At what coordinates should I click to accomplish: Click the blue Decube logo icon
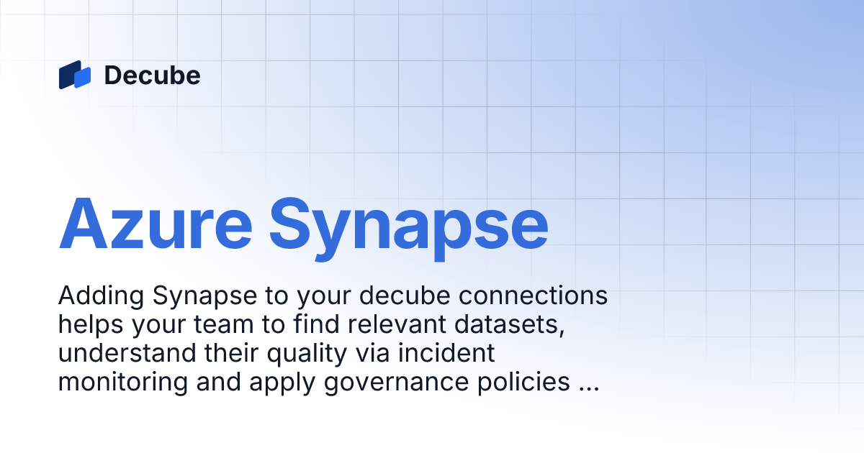click(x=75, y=75)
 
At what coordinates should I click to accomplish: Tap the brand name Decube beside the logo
click(x=152, y=75)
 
